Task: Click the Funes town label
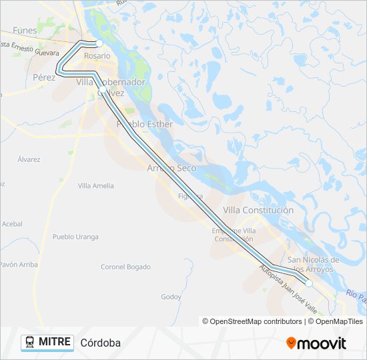[x=24, y=31]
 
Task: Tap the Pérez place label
[x=44, y=77]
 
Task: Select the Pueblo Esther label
[x=144, y=124]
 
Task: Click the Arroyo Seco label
[x=171, y=168]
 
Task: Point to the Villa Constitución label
[x=258, y=210]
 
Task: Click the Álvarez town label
[x=29, y=159]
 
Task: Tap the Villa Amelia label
[x=95, y=186]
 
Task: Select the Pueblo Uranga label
[x=75, y=237]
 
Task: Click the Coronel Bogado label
[x=125, y=267]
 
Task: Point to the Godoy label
[x=171, y=297]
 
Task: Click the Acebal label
[x=11, y=224]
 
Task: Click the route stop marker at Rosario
[x=99, y=43]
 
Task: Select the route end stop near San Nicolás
[x=309, y=283]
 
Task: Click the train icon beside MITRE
[x=30, y=343]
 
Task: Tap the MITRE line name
[x=55, y=342]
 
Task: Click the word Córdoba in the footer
[x=100, y=343]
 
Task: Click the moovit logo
[x=316, y=343]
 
